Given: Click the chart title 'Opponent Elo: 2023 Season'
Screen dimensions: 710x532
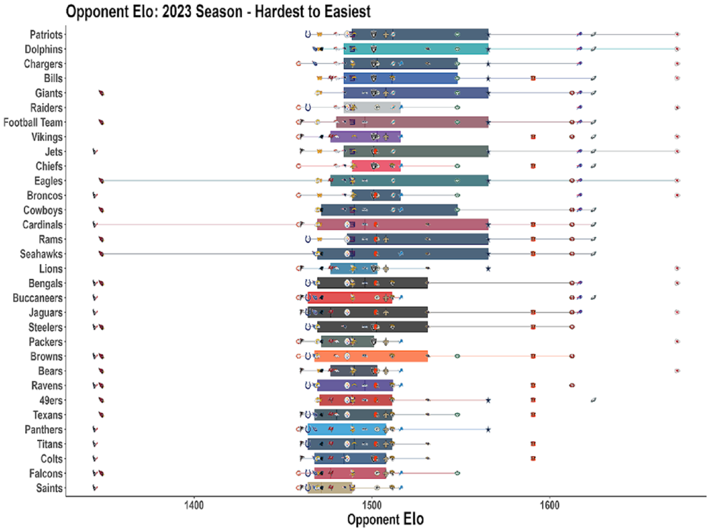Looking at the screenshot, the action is (x=154, y=12).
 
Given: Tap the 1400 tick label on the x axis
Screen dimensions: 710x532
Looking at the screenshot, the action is (x=194, y=505).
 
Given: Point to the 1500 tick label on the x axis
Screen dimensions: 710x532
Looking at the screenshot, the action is (x=372, y=505).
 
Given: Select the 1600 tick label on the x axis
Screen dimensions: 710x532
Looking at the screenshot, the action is (x=549, y=505).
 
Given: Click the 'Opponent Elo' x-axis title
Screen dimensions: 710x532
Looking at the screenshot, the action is (x=385, y=520).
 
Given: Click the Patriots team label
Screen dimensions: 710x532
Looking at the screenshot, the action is (x=46, y=35).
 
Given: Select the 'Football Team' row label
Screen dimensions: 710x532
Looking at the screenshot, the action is (x=33, y=122).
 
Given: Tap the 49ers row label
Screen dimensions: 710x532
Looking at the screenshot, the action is (x=51, y=400).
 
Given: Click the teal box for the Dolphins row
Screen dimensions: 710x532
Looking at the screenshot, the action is (x=416, y=49).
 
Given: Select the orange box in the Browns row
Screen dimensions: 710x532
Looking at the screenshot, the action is (x=371, y=356).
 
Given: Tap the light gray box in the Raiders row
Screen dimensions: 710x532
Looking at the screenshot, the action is (x=372, y=108).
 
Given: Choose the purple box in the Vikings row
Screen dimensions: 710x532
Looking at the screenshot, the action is (x=365, y=137).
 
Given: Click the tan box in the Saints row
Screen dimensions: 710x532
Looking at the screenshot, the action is (x=330, y=488).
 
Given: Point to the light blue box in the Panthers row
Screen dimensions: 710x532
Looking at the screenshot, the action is (x=347, y=429).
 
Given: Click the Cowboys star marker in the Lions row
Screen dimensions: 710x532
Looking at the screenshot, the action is (x=488, y=269).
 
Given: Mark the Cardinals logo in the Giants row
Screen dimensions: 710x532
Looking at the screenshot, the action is (x=101, y=93).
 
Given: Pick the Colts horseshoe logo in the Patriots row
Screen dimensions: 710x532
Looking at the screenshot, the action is (x=308, y=34).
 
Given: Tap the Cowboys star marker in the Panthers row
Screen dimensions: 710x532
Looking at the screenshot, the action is (x=488, y=430).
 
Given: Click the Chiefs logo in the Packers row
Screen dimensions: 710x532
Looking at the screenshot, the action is (x=677, y=341).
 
